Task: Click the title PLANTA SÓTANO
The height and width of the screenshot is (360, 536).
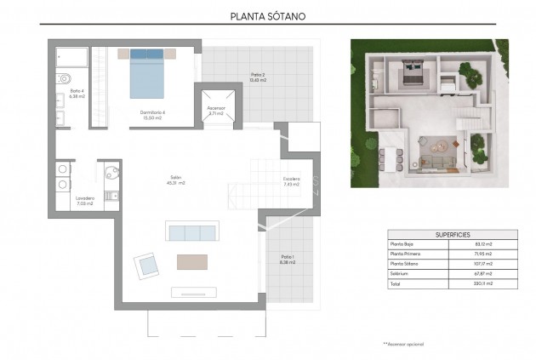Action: tap(268, 15)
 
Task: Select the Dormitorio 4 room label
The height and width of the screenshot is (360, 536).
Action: tap(153, 114)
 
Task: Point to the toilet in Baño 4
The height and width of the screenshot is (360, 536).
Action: tap(63, 80)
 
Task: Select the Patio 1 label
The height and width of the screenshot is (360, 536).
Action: tap(287, 260)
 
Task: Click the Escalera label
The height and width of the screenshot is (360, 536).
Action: tap(292, 180)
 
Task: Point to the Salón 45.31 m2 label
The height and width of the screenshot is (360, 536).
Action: tap(176, 180)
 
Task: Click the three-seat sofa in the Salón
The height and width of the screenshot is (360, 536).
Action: tap(191, 232)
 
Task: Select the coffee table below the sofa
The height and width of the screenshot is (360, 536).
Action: tap(191, 261)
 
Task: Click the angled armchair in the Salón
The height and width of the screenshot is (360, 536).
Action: tap(145, 265)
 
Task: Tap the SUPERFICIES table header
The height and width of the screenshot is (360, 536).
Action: tap(452, 234)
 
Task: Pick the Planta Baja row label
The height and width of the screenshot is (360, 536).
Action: tap(405, 245)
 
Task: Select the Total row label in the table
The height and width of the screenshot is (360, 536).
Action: tap(397, 283)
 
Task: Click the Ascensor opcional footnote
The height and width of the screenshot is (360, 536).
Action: tap(403, 344)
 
